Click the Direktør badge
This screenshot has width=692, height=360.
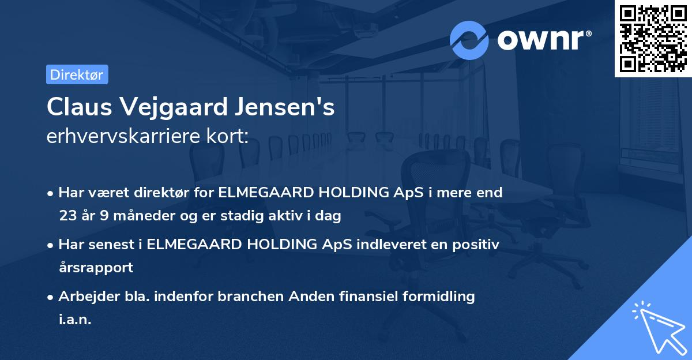click(77, 74)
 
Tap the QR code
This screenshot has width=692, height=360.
click(653, 38)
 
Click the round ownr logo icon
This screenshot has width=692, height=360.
click(469, 40)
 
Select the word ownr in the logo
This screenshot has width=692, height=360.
click(542, 40)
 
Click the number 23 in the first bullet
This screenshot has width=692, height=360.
click(68, 216)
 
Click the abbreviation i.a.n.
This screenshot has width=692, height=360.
click(75, 320)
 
